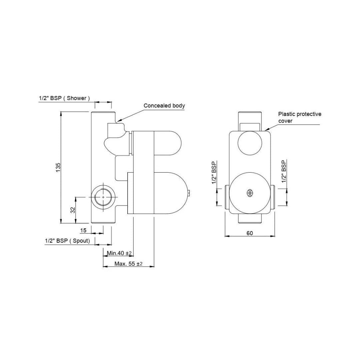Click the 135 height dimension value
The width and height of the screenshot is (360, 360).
click(58, 167)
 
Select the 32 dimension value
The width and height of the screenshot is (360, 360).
click(73, 210)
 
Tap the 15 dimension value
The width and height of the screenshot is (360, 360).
click(83, 230)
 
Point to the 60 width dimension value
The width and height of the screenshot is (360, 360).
click(250, 233)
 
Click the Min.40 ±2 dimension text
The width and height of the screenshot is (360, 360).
click(120, 253)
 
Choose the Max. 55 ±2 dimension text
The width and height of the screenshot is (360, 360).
click(128, 264)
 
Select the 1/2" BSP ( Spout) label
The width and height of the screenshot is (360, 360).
click(68, 241)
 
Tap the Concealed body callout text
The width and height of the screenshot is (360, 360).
click(164, 106)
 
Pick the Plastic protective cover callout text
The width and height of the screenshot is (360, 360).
click(300, 117)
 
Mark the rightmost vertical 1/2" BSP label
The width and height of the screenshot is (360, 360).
click(284, 171)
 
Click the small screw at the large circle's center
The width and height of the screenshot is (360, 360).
click(249, 192)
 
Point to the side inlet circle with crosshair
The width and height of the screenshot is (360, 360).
click(103, 197)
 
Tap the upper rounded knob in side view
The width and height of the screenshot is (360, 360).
click(167, 143)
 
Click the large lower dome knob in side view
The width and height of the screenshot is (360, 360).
click(170, 193)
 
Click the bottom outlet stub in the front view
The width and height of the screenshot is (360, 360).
click(250, 218)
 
